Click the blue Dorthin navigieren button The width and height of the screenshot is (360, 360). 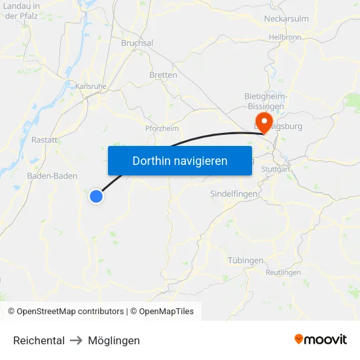pyautogui.click(x=179, y=160)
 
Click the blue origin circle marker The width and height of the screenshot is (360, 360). pyautogui.click(x=96, y=196)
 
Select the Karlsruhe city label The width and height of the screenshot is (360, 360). pyautogui.click(x=91, y=86)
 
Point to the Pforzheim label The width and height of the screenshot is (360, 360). pyautogui.click(x=162, y=128)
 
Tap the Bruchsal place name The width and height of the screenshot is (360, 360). pyautogui.click(x=137, y=43)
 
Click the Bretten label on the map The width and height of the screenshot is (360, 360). pyautogui.click(x=163, y=75)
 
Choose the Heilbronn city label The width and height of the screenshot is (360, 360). pyautogui.click(x=285, y=37)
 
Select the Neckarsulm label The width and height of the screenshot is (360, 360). pyautogui.click(x=286, y=19)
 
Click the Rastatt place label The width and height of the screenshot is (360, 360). pyautogui.click(x=45, y=140)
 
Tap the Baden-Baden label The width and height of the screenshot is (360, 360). pyautogui.click(x=52, y=176)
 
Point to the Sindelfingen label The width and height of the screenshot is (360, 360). pyautogui.click(x=234, y=194)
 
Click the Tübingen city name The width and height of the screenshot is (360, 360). pyautogui.click(x=245, y=261)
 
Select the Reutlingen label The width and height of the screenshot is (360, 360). pyautogui.click(x=283, y=272)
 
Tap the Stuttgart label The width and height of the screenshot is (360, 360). pyautogui.click(x=276, y=169)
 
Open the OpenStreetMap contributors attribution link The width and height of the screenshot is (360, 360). pyautogui.click(x=70, y=312)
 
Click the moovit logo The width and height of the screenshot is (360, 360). pyautogui.click(x=320, y=340)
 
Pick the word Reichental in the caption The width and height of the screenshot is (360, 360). pyautogui.click(x=39, y=340)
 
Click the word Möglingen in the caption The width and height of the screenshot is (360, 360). pyautogui.click(x=114, y=340)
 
